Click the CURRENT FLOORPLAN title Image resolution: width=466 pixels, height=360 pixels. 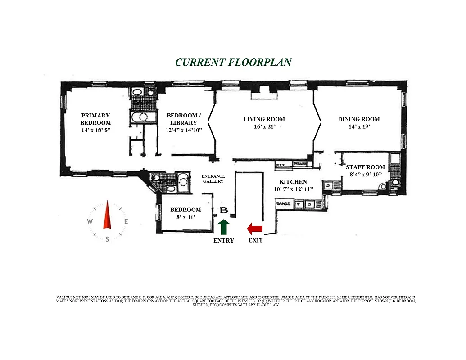coord(233,62)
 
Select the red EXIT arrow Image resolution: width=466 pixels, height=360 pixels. coord(255,229)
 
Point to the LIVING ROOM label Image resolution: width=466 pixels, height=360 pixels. coord(264,119)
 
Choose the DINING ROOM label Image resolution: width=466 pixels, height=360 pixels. coord(359,119)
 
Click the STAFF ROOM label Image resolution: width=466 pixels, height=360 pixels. coord(365,167)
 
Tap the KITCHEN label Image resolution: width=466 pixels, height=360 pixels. coord(293,182)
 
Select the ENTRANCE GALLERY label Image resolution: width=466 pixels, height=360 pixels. coord(213,179)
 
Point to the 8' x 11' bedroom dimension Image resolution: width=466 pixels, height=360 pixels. coord(185,217)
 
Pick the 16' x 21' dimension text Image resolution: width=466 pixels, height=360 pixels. coord(264,127)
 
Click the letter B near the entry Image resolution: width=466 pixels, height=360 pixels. coord(224,211)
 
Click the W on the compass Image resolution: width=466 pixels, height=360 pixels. coord(90,221)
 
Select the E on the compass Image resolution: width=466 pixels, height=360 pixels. coord(126,221)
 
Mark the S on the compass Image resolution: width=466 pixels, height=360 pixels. coord(107,239)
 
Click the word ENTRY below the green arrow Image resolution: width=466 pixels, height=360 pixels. coord(224,241)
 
